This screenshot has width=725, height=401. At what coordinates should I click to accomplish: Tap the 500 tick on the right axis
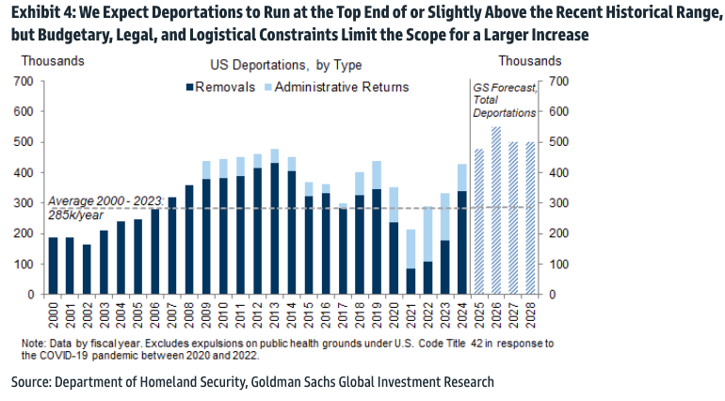pyautogui.click(x=557, y=142)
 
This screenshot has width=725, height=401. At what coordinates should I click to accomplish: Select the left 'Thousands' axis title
pyautogui.click(x=52, y=60)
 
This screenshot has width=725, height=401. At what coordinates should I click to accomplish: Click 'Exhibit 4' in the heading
pyautogui.click(x=41, y=12)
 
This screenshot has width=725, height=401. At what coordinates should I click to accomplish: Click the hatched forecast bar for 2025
pyautogui.click(x=479, y=221)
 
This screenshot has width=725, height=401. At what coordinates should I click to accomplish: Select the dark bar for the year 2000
pyautogui.click(x=54, y=265)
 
